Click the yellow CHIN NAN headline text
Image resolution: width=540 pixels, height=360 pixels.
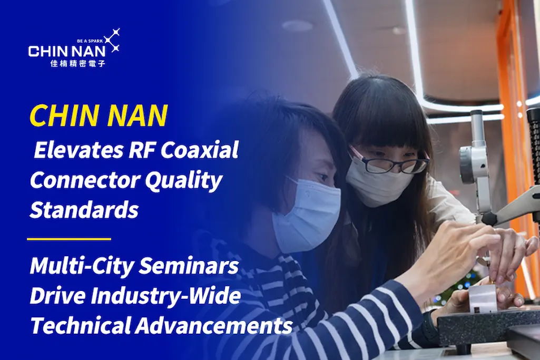99,115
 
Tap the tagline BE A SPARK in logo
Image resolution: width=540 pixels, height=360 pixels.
90,41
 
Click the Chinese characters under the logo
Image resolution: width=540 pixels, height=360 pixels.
77,63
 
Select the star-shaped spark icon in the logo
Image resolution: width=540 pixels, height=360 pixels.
112,40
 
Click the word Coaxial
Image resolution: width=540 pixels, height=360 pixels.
200,150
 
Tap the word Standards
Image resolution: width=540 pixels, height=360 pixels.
84,209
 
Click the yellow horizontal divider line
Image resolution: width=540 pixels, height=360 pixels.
69,239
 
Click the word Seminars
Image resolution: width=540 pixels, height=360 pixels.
189,266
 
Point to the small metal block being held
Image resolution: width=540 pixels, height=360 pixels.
482,296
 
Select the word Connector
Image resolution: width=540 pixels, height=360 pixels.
85,180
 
